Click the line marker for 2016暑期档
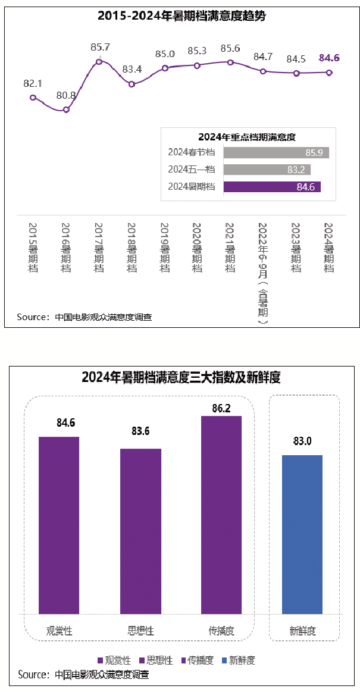click(67, 109)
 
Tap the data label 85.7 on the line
click(101, 46)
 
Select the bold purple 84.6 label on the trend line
click(329, 58)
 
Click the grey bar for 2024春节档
click(276, 153)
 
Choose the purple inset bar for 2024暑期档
click(272, 187)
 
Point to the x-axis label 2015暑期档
click(33, 248)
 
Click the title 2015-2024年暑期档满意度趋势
click(181, 16)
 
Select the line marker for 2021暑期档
click(230, 62)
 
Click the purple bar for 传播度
click(221, 515)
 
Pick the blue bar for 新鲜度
click(302, 534)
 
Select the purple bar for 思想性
click(140, 531)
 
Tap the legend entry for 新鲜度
click(238, 660)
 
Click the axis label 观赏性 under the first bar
click(59, 631)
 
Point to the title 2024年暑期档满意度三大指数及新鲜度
click(181, 377)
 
